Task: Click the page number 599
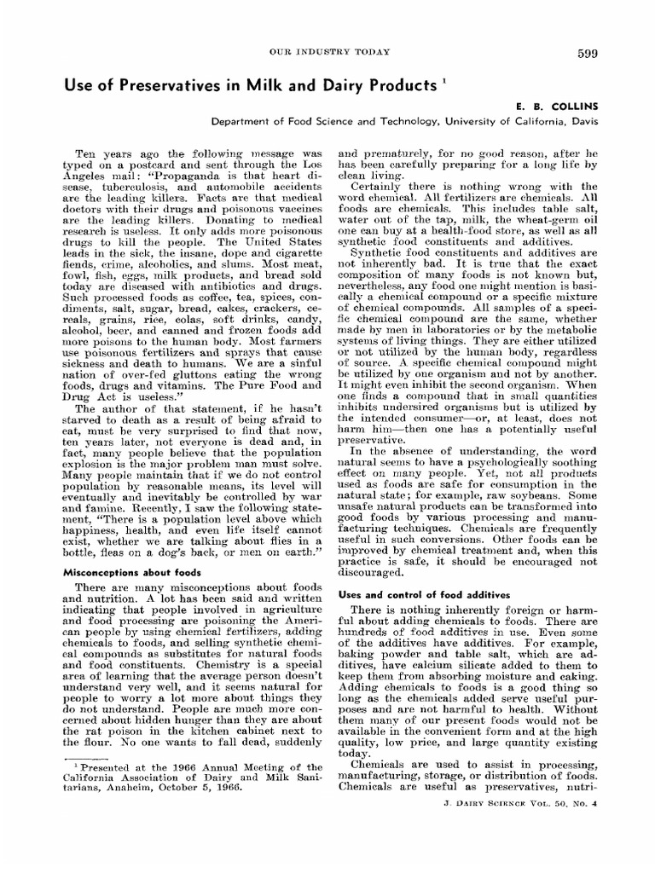586,54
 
